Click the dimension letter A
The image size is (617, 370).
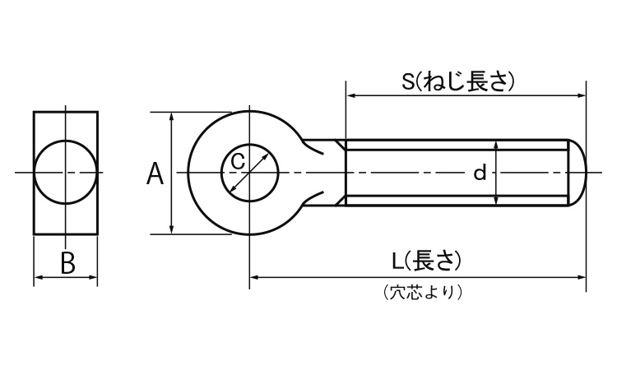[x=155, y=174]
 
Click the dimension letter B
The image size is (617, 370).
[x=68, y=263]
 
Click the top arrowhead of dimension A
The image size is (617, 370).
[x=171, y=116]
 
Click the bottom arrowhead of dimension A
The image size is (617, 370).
[x=171, y=229]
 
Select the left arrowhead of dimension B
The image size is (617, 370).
[x=37, y=279]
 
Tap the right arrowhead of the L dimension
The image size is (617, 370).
[x=582, y=278]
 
